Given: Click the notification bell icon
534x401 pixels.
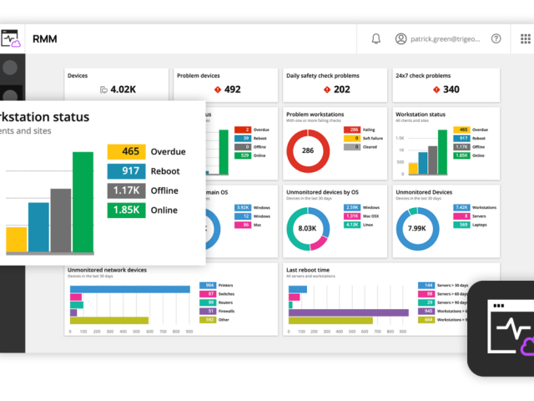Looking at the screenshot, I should [x=376, y=38].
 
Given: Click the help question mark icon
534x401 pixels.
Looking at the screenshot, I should [x=496, y=38].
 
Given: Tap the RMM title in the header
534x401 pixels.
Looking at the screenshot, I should [x=44, y=38].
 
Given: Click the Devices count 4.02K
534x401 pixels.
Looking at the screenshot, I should [x=123, y=89].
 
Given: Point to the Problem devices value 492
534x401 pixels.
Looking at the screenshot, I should [x=232, y=89].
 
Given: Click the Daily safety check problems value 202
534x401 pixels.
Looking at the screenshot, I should [x=341, y=89].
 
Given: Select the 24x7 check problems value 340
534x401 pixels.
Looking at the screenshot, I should [x=451, y=89].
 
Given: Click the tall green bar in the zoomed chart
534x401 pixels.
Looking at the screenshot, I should [x=83, y=201].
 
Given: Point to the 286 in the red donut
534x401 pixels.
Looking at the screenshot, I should [x=308, y=151].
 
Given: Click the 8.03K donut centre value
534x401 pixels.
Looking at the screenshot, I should [x=308, y=228].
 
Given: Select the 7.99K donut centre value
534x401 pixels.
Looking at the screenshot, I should [x=417, y=228].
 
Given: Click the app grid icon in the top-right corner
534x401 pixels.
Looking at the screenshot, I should [x=526, y=38].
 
